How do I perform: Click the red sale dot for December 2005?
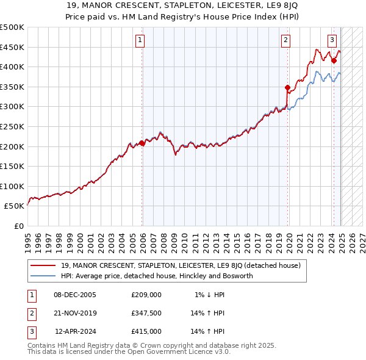pyautogui.click(x=142, y=143)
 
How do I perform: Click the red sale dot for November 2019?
pyautogui.click(x=287, y=88)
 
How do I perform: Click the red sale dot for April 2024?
pyautogui.click(x=334, y=60)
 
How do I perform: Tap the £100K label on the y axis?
pyautogui.click(x=12, y=186)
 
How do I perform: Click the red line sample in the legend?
pyautogui.click(x=43, y=265)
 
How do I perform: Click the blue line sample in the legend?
pyautogui.click(x=43, y=276)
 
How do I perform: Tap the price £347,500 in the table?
pyautogui.click(x=146, y=313)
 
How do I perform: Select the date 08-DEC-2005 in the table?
pyautogui.click(x=75, y=295)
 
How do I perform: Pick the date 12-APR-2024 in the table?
pyautogui.click(x=76, y=331)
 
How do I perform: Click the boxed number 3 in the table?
pyautogui.click(x=30, y=331)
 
